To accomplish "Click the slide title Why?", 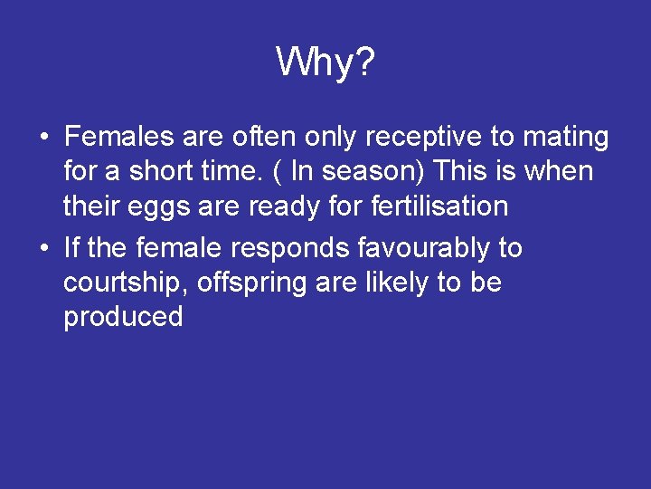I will tap(325, 62).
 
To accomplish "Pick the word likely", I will tap(398, 283).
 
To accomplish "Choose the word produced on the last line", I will tap(123, 317).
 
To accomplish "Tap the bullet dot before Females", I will tap(43, 139).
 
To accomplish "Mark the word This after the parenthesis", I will tap(471, 172).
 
